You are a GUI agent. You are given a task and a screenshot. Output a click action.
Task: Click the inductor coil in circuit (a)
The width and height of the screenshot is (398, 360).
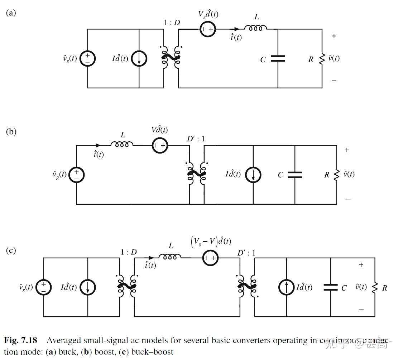coord(255,28)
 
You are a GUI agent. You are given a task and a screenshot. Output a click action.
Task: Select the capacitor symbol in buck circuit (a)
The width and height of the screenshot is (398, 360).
coord(278,58)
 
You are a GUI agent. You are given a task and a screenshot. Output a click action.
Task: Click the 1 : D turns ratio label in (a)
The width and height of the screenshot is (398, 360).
coord(172,23)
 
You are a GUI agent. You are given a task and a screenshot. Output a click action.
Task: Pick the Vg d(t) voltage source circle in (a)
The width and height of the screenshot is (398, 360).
coord(207,29)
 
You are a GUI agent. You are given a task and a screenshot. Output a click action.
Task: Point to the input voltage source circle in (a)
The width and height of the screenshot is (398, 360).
coord(87,58)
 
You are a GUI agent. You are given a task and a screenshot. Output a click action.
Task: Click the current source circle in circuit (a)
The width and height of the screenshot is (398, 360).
coord(139,58)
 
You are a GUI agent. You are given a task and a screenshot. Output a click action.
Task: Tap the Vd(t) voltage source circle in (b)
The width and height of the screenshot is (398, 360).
coord(160,145)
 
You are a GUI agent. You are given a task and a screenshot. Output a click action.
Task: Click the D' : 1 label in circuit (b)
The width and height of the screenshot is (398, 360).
coord(196,139)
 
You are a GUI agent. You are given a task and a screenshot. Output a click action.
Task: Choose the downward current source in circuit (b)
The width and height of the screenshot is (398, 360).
coord(253,175)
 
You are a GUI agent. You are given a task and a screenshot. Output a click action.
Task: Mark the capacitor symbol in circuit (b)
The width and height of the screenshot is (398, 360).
coord(295,175)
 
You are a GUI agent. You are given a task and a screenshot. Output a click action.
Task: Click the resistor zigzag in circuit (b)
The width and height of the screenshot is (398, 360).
coord(336,175)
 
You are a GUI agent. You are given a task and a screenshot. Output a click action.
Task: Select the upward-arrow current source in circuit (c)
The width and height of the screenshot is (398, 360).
coord(286,287)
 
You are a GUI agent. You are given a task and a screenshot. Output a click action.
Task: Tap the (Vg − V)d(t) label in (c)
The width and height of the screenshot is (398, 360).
coord(211,242)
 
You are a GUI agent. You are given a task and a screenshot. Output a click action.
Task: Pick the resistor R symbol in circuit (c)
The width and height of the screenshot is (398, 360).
coord(375,287)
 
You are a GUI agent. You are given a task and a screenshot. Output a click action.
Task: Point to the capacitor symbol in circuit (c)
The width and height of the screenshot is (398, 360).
coord(330,287)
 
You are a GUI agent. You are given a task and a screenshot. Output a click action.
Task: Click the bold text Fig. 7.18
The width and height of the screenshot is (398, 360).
coord(22,340)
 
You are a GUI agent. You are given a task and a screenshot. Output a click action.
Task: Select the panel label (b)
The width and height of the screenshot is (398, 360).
coord(11,131)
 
